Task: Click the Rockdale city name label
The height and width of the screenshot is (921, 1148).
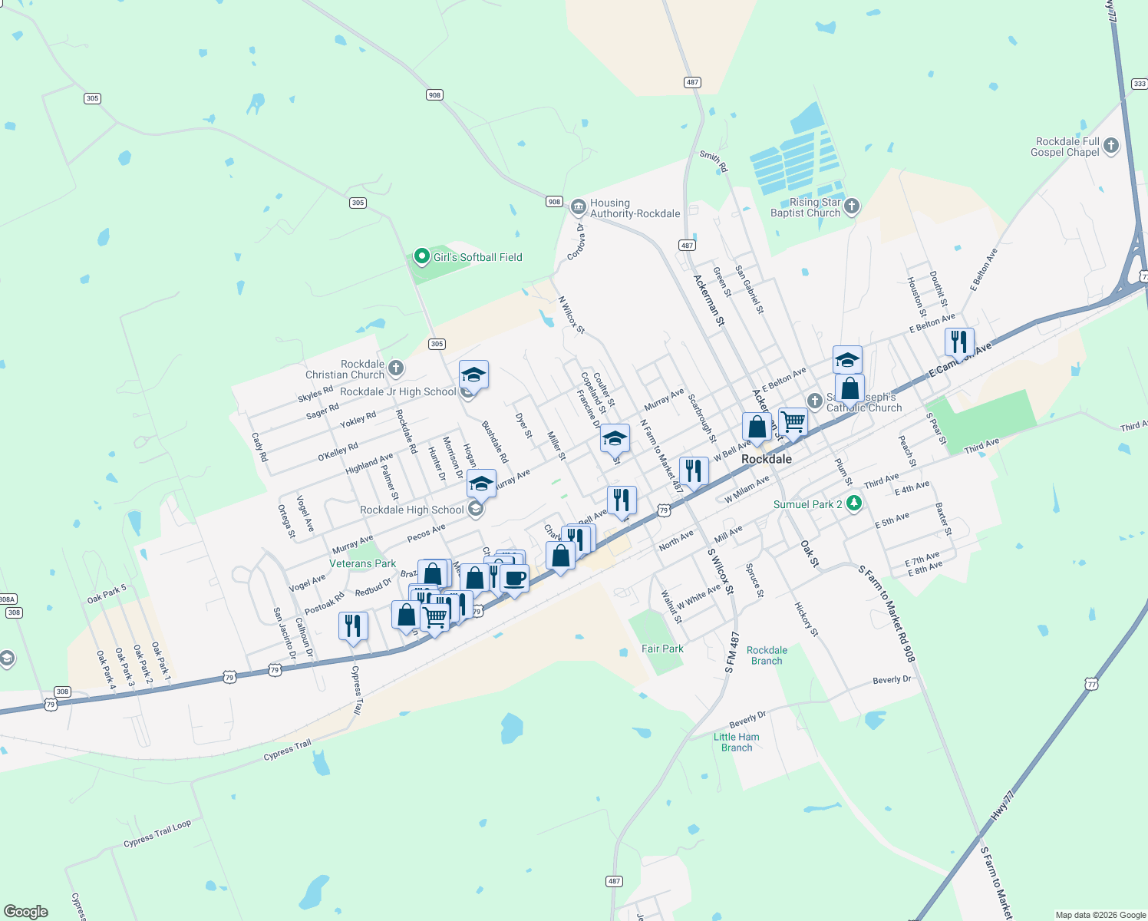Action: coord(766,459)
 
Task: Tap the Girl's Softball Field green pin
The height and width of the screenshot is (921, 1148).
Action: coord(421,256)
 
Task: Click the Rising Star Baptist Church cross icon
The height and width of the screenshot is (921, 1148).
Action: coord(851,206)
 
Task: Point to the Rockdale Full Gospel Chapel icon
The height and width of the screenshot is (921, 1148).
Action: coord(1110,147)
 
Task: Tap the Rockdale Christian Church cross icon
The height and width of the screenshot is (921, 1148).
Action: coord(396,368)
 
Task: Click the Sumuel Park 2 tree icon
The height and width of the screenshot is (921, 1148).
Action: coord(853,503)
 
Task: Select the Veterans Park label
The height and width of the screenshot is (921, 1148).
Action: coord(362,563)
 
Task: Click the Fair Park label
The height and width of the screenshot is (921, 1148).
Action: coord(662,649)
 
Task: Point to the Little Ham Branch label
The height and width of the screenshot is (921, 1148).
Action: coord(737,742)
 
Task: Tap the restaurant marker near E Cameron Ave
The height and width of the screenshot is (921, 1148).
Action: coord(959,341)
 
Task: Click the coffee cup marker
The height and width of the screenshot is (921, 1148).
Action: coord(515,578)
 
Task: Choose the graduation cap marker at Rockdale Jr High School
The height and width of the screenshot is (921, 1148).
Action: coord(473,375)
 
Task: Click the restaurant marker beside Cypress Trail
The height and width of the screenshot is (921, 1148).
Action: coord(353,626)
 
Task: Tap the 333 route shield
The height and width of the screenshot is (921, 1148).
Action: coord(1140,84)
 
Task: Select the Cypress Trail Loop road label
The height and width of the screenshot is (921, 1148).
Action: coord(157,834)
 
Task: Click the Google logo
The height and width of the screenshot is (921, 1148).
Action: coord(26,912)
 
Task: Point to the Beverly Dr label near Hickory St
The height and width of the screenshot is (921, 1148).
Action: coord(892,680)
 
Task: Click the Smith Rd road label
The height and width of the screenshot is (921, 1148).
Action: coord(714,160)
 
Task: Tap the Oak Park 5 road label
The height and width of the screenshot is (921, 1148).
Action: coord(107,595)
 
